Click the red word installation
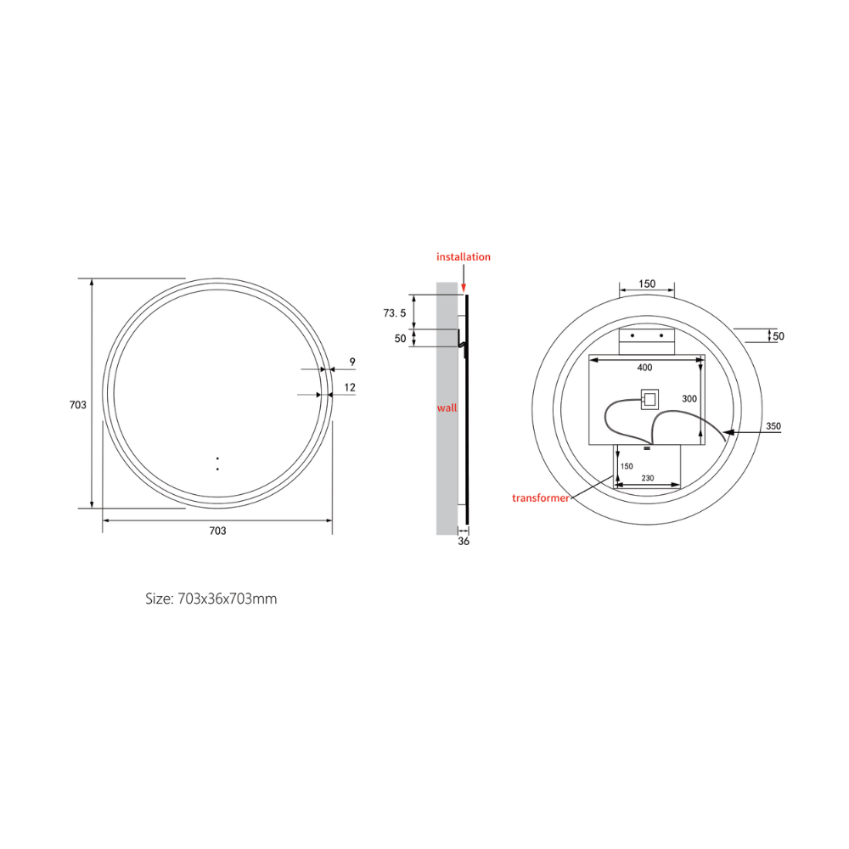point(464,256)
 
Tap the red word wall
point(447,408)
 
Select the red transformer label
point(540,498)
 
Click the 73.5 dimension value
point(395,313)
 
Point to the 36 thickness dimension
point(464,541)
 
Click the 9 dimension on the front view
point(352,361)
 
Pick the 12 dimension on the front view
point(350,387)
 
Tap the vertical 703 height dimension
point(78,404)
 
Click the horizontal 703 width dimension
point(217,531)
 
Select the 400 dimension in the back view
point(644,368)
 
